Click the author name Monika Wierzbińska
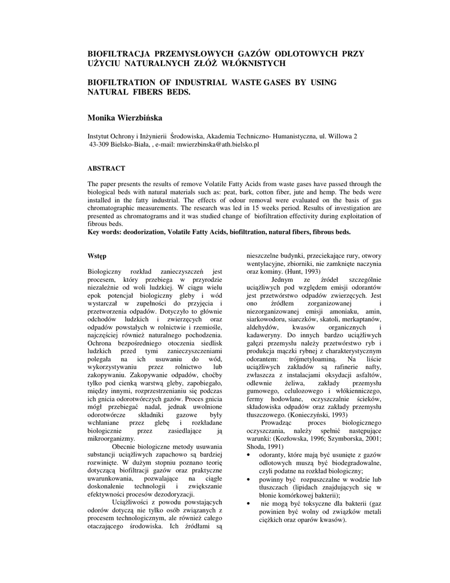click(124, 118)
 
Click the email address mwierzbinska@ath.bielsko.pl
click(217, 145)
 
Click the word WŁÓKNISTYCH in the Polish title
click(258, 63)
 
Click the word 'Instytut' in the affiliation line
click(99, 137)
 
